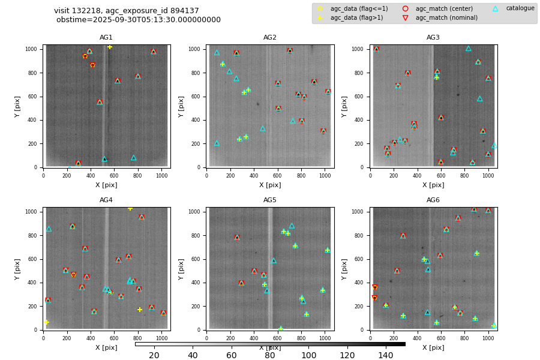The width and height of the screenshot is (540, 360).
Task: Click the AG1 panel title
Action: tap(106, 38)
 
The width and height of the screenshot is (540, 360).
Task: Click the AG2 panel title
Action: tap(270, 38)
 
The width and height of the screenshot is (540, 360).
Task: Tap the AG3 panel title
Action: tap(433, 38)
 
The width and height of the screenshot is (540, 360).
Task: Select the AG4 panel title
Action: tap(106, 200)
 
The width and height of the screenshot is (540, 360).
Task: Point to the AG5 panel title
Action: tap(270, 200)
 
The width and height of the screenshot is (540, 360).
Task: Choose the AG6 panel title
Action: tap(433, 200)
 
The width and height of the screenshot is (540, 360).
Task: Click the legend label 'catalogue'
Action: tap(520, 8)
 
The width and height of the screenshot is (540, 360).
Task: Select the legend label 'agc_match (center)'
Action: tap(444, 9)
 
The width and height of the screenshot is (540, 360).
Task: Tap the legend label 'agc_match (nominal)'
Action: tap(446, 18)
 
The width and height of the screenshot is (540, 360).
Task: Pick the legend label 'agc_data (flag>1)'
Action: tap(356, 18)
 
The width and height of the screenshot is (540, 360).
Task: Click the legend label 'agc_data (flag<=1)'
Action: tap(359, 9)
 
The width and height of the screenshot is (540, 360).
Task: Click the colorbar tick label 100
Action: tap(308, 356)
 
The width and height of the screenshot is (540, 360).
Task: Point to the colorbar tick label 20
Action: tap(154, 356)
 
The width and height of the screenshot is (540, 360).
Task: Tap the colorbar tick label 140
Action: tap(386, 356)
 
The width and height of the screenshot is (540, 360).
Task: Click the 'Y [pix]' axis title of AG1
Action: tap(18, 106)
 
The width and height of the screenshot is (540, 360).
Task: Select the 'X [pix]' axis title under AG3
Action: tap(433, 185)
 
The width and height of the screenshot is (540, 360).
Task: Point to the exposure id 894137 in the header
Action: tap(185, 11)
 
